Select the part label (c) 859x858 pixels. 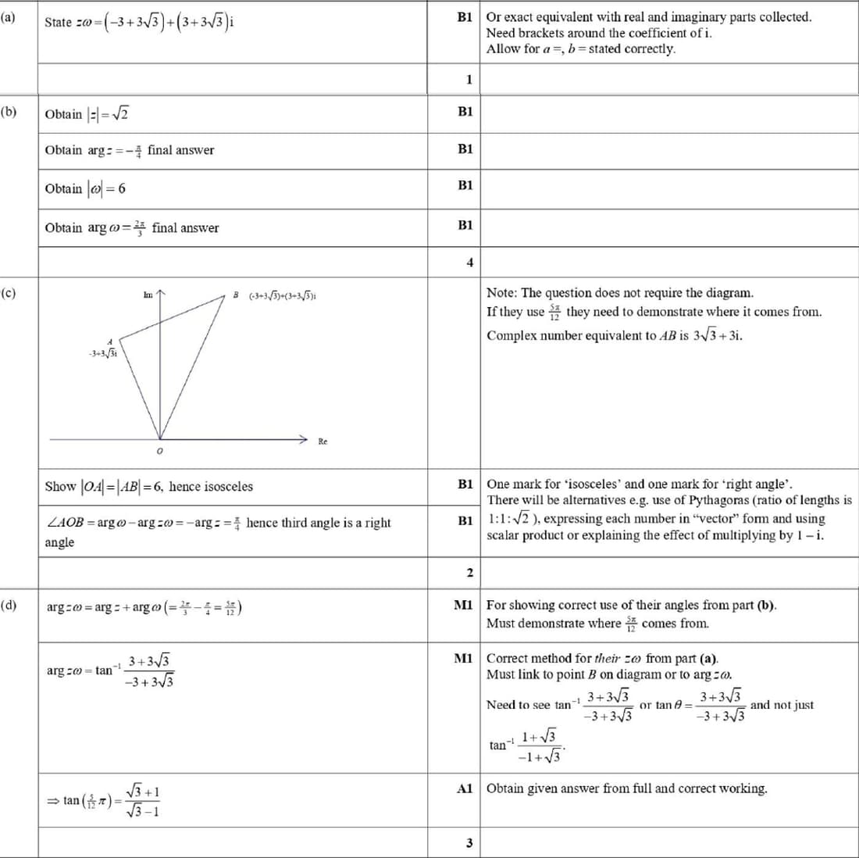tap(8, 293)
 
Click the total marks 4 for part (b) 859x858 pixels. tap(469, 263)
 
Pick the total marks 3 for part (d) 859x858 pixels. tap(469, 843)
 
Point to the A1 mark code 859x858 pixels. tap(465, 788)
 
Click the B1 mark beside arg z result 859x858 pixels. tap(465, 148)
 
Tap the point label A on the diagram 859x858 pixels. tap(110, 342)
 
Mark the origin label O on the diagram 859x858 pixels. tap(159, 451)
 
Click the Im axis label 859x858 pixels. tap(148, 295)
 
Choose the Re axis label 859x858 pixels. tap(323, 442)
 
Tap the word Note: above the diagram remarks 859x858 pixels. tap(502, 293)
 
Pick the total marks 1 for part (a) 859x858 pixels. tap(469, 79)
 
